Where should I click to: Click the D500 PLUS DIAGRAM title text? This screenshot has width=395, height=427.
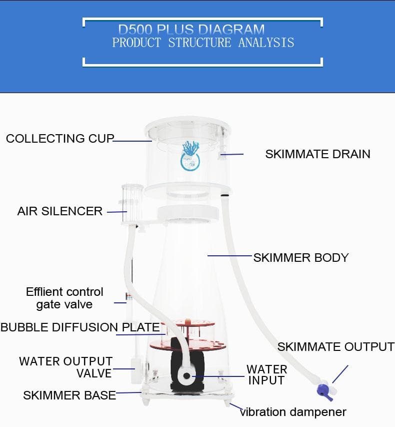[191, 30]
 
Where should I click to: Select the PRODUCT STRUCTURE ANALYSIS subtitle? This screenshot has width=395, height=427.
[203, 43]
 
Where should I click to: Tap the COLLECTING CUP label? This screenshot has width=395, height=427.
[60, 138]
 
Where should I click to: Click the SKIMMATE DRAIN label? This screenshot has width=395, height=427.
[317, 154]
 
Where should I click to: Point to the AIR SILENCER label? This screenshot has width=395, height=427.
[60, 211]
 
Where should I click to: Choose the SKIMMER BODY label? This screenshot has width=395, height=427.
[301, 258]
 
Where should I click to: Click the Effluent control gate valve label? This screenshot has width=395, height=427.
[64, 298]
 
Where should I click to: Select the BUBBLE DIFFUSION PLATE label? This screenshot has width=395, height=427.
[80, 327]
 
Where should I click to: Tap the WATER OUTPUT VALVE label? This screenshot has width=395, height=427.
[66, 367]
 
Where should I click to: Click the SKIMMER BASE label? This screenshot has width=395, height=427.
[69, 395]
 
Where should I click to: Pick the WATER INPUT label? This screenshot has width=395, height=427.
[267, 375]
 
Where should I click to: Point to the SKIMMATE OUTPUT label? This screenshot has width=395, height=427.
[336, 347]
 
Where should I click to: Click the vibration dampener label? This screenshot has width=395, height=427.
[293, 412]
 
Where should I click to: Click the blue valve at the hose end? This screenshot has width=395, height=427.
[325, 392]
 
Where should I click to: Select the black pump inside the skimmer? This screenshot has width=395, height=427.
[187, 364]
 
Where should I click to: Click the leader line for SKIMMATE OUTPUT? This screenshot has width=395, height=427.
[340, 374]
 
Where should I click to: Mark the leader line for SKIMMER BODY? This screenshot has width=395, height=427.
[230, 256]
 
